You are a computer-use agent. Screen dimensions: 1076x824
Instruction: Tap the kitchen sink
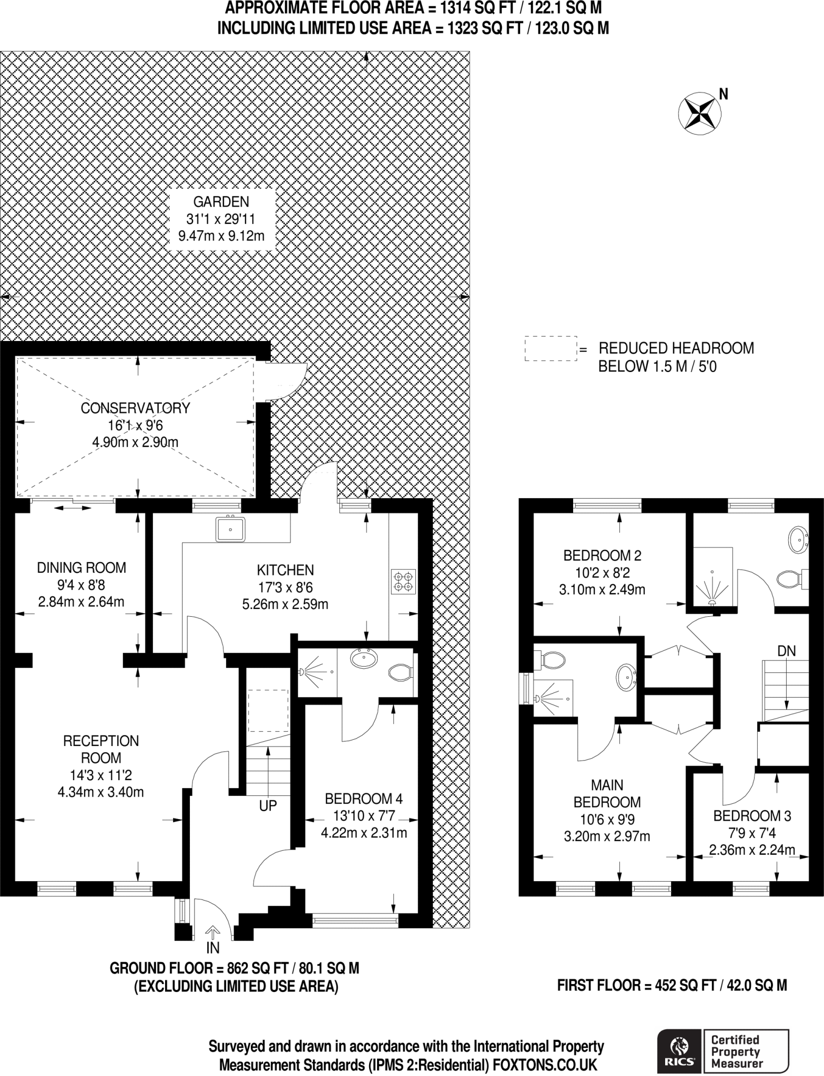tap(230, 529)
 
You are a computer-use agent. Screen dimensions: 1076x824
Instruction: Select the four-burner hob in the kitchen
tap(403, 582)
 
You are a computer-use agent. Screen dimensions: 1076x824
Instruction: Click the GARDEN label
tap(221, 202)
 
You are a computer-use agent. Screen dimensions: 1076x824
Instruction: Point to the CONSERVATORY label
tap(135, 408)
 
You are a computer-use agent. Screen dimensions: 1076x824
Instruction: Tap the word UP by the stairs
tap(268, 805)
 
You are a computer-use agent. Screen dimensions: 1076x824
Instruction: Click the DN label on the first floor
tap(787, 651)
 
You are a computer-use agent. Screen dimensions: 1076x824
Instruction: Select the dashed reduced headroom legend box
tap(551, 348)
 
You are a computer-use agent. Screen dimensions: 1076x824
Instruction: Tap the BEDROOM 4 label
tap(364, 799)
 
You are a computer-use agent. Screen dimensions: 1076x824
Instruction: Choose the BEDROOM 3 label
tap(752, 816)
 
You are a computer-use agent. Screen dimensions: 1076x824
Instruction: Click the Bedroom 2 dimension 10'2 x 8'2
tap(602, 572)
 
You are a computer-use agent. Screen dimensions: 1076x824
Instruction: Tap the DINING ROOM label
tap(82, 567)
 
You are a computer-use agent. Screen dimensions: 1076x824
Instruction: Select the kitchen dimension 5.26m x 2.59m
tap(285, 604)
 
